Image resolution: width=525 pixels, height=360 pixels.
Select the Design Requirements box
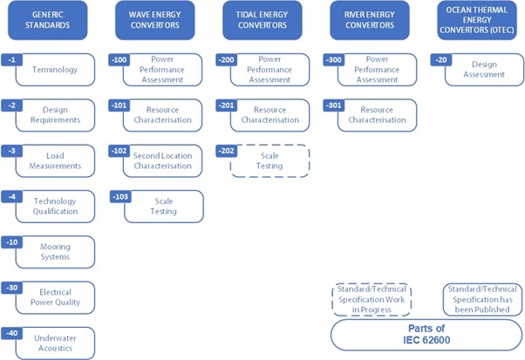55,115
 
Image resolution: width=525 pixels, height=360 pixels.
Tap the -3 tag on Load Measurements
11,151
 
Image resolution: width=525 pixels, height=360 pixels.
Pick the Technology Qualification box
55,207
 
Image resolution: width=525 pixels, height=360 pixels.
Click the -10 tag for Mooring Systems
13,241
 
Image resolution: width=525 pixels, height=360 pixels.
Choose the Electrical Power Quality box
55,297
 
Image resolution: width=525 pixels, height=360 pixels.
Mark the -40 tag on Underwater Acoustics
13,332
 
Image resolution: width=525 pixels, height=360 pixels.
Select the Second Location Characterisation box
162,161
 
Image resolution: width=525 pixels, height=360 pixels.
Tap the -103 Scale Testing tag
121,197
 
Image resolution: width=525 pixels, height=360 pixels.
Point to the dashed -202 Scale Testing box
269,161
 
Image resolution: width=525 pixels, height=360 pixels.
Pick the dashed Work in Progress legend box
372,299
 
